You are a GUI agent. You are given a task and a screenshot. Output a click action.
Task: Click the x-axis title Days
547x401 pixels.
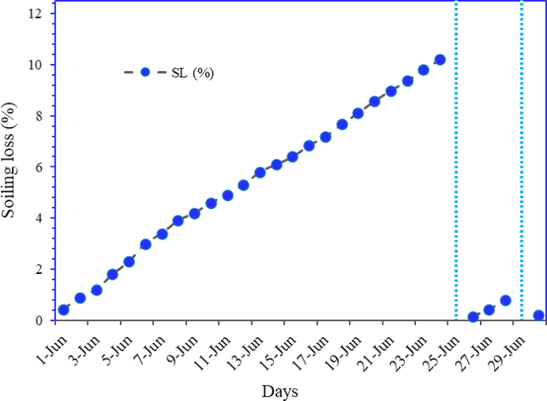279,391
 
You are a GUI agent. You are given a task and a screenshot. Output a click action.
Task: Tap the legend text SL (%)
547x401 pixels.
192,73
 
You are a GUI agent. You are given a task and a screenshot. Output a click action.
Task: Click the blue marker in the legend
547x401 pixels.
145,72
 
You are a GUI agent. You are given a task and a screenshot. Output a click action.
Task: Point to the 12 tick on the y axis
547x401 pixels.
35,14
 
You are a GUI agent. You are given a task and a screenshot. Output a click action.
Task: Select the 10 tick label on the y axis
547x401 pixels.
35,65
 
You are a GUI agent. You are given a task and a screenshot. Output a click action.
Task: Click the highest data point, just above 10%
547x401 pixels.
439,59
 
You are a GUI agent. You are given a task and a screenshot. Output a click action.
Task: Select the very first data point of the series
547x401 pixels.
64,310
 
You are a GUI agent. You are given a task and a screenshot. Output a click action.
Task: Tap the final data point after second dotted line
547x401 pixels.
538,316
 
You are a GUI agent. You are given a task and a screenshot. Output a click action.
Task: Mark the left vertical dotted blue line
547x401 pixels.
456,160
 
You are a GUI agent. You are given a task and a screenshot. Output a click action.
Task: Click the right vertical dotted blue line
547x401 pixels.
521,160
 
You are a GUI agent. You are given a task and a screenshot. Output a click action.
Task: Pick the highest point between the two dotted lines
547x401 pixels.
505,300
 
